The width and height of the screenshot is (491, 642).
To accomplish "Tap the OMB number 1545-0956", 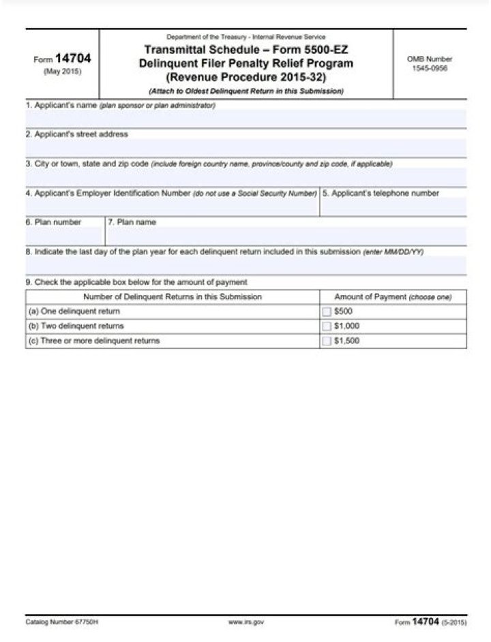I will point(430,68).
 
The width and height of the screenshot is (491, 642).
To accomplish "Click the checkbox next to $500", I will point(327,311).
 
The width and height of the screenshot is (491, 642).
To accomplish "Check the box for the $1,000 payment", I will point(327,326).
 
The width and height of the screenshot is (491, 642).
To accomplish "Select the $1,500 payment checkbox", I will point(327,341).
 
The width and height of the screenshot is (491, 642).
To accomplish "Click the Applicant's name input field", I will point(245,119).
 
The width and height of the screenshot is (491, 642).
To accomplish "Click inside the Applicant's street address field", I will point(245,148).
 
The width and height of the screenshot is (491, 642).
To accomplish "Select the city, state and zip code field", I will point(245,177).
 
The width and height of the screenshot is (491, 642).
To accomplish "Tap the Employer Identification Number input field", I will point(172,207).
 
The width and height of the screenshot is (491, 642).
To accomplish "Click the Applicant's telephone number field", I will point(393,207).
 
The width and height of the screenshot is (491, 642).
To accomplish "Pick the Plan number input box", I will point(65,236).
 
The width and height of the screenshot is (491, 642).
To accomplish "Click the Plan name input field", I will point(286,236).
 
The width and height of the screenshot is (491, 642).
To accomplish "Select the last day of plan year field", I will point(245,265).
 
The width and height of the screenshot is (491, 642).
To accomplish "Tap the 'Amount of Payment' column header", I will point(393,297).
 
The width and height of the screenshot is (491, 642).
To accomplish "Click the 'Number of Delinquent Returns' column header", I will point(172,297).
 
